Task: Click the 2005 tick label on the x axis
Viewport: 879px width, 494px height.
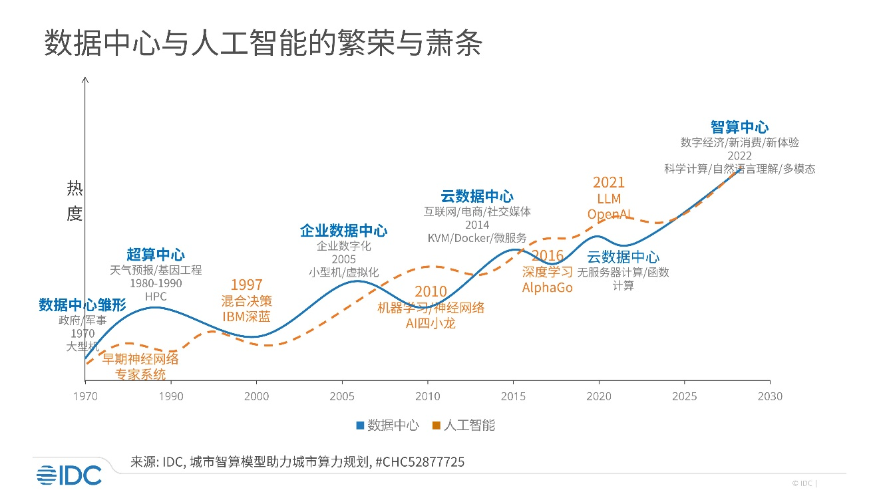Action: pyautogui.click(x=342, y=397)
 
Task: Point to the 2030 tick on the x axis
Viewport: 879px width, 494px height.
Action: pyautogui.click(x=770, y=397)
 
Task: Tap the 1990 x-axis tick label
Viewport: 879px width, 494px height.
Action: pyautogui.click(x=171, y=397)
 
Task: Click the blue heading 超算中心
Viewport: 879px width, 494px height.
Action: pyautogui.click(x=156, y=254)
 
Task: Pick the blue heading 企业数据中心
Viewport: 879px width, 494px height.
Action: pyautogui.click(x=343, y=231)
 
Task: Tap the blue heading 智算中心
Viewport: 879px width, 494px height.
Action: pyautogui.click(x=739, y=127)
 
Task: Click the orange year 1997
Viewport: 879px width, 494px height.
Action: pyautogui.click(x=246, y=285)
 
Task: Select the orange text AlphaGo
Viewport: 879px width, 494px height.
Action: pyautogui.click(x=547, y=288)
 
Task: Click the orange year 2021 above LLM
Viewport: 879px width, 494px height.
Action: pyautogui.click(x=609, y=183)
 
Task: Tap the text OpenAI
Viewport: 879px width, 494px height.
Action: pyautogui.click(x=609, y=214)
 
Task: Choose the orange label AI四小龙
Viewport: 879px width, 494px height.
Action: pyautogui.click(x=431, y=324)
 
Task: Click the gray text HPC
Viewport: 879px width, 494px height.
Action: pyautogui.click(x=155, y=297)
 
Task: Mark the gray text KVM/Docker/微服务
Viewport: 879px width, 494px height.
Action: pyautogui.click(x=477, y=238)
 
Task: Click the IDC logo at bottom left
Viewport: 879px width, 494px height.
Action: pyautogui.click(x=69, y=475)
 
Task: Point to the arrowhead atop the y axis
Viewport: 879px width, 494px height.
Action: pyautogui.click(x=85, y=80)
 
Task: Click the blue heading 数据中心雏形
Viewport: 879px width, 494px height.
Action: pyautogui.click(x=82, y=305)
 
